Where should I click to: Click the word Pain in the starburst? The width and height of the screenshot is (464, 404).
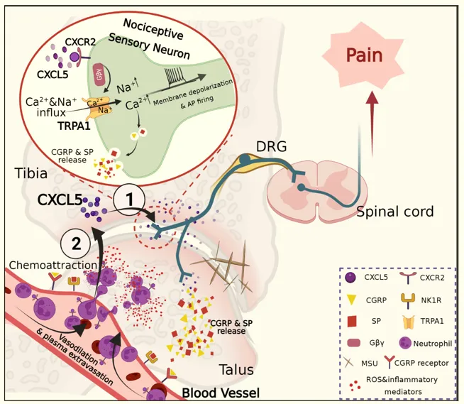[364, 55]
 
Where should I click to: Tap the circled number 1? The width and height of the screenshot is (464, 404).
[130, 199]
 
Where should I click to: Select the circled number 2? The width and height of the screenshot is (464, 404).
[75, 244]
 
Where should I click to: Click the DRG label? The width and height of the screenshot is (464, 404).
[271, 146]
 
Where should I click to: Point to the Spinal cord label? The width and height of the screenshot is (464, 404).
[394, 212]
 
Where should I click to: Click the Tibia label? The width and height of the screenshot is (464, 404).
[31, 173]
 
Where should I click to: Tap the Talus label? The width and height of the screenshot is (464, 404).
[236, 369]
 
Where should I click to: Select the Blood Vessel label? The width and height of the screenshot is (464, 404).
[221, 393]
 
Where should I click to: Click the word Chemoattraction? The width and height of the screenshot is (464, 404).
[53, 265]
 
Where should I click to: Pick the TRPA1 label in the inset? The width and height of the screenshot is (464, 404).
[74, 126]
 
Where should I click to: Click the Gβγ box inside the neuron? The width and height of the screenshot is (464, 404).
[99, 74]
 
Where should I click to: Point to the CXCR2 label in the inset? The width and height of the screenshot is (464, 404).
[80, 42]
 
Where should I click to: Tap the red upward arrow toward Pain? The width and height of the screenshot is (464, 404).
[372, 124]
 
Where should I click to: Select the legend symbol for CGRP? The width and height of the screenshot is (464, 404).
[351, 300]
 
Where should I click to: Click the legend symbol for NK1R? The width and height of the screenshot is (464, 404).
[409, 301]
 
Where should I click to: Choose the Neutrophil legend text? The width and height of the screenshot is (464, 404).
[433, 344]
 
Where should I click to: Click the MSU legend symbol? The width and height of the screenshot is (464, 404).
[349, 362]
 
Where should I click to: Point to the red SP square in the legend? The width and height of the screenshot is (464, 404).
[351, 321]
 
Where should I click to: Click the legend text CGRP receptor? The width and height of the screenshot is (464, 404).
[421, 363]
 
